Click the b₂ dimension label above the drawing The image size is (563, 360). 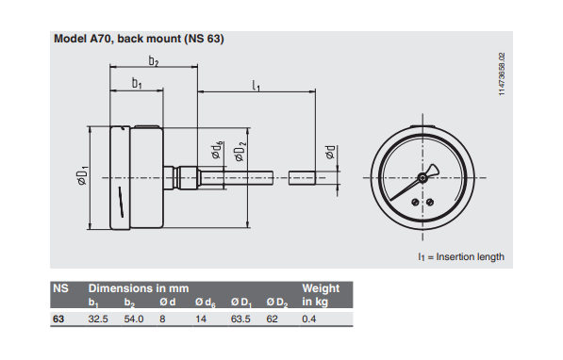coord(154,61)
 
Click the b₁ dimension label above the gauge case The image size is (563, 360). coord(137,83)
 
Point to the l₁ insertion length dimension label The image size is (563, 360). coord(256,86)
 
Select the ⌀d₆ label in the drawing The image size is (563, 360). coord(217,150)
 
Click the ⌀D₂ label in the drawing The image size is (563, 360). coord(240,152)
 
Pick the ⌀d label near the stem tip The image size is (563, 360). coord(330,152)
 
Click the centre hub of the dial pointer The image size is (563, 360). coord(422,177)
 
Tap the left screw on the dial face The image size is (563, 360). coord(415,203)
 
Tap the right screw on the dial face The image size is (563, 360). coord(430,203)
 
